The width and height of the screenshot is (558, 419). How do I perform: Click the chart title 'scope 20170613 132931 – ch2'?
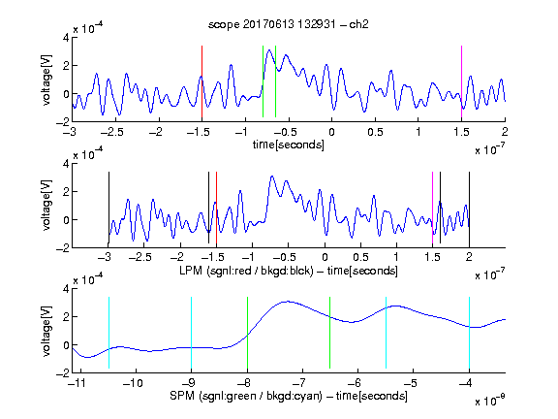point(289,24)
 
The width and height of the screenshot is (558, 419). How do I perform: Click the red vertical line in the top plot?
point(201,81)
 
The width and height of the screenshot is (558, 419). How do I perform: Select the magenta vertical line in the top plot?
point(461,81)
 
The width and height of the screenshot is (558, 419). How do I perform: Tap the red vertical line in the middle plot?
point(216,208)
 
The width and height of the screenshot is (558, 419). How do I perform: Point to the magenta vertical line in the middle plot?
point(433,208)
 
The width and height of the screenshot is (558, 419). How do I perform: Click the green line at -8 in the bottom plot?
point(247,333)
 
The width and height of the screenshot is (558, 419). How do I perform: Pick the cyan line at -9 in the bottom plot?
point(192,333)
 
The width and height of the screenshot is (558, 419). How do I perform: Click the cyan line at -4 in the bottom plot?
point(470,333)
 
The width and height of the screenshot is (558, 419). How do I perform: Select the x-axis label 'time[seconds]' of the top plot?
point(289,145)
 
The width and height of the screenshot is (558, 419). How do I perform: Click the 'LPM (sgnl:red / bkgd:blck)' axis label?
point(246,271)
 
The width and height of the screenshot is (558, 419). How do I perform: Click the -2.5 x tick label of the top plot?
point(111,132)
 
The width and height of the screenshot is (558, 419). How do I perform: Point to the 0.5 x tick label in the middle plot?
point(360,257)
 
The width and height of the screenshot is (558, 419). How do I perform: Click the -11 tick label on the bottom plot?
point(77,383)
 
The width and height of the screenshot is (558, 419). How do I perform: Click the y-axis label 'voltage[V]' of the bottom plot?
point(46,331)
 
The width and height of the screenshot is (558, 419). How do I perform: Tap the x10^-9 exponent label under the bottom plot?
point(489,401)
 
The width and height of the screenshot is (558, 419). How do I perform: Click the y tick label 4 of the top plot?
point(66,38)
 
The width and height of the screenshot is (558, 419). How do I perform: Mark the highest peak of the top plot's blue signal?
point(269,49)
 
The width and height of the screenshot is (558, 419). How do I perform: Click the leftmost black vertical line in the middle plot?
point(108,208)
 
